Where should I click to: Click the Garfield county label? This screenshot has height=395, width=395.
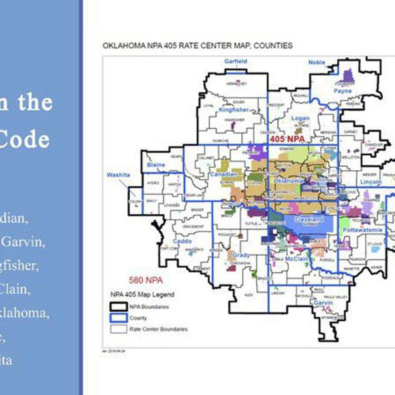click(x=235, y=61)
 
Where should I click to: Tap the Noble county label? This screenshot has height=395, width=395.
click(x=317, y=62)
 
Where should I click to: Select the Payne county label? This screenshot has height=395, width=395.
click(x=343, y=91)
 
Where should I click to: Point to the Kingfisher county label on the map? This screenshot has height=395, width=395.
click(x=234, y=110)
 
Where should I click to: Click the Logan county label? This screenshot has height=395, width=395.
click(x=300, y=118)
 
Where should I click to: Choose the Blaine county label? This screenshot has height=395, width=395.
click(x=156, y=165)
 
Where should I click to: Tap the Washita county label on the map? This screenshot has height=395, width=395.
click(x=118, y=175)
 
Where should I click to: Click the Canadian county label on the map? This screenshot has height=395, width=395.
click(x=224, y=174)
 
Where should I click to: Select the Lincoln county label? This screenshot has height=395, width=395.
click(x=371, y=182)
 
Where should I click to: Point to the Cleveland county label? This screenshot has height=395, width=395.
click(x=308, y=219)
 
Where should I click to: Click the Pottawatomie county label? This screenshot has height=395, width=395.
click(x=362, y=230)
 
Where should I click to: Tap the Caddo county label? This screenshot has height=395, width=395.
click(x=182, y=241)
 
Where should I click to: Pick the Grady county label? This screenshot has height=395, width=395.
click(x=241, y=255)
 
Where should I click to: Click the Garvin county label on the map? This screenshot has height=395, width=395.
click(x=323, y=303)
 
